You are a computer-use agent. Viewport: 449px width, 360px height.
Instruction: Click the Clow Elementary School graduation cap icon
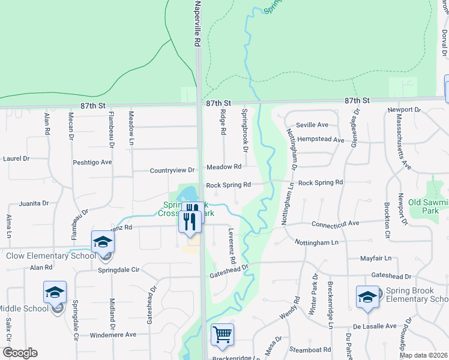click(103, 242)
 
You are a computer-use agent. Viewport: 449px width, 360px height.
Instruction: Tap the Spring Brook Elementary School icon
click(367, 296)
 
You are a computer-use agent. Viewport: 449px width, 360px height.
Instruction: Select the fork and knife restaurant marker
click(191, 220)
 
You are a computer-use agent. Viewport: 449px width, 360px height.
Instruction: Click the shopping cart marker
click(222, 335)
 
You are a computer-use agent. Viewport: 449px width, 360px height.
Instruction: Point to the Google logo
click(20, 353)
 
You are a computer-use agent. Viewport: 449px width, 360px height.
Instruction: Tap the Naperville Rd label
click(196, 24)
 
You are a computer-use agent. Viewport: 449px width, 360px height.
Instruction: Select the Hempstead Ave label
click(321, 140)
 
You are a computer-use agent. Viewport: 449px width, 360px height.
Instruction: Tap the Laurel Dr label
click(16, 159)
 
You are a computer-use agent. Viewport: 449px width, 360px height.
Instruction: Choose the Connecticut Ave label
click(335, 223)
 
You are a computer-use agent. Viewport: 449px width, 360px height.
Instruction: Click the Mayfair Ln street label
click(376, 258)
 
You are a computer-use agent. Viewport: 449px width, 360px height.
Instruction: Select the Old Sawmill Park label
click(428, 206)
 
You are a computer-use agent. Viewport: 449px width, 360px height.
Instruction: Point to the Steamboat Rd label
click(310, 349)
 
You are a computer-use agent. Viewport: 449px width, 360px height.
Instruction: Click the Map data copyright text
click(423, 355)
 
